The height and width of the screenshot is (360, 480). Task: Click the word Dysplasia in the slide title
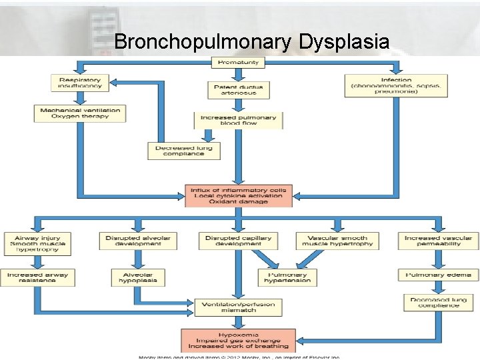point(344,43)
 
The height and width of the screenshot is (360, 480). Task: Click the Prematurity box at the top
point(238,63)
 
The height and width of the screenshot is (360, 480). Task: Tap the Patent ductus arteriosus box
point(238,91)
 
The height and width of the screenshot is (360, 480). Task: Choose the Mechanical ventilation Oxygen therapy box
point(80,113)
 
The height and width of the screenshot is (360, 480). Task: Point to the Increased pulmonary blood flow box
point(238,121)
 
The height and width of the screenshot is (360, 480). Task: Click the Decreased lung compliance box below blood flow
point(183,151)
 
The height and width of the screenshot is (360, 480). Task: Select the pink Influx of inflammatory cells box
point(238,195)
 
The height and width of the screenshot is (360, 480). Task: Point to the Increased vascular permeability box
point(438,241)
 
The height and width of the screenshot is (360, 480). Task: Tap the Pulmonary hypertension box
point(287,277)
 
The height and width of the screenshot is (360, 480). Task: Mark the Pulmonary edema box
point(438,275)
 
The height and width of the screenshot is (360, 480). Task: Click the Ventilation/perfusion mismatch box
point(238,307)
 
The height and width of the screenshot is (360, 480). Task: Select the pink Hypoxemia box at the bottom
point(238,340)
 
